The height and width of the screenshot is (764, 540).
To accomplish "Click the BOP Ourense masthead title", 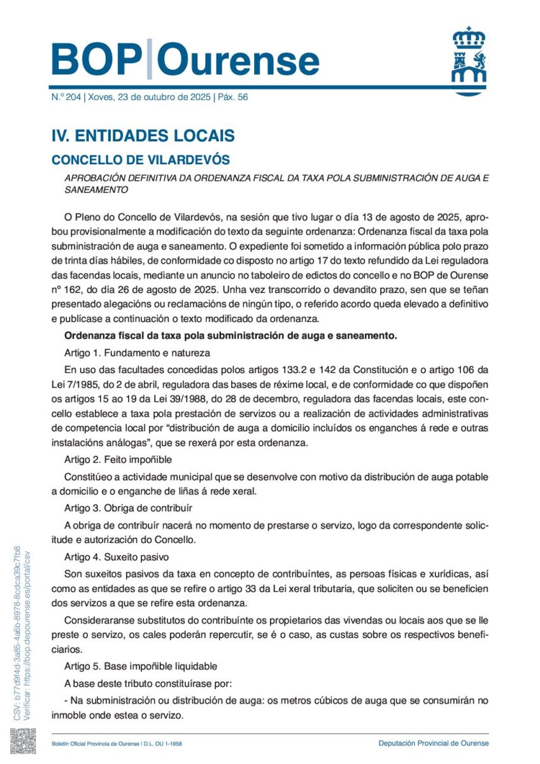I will click(185, 60).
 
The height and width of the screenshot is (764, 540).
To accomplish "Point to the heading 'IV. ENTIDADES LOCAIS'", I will click(143, 136).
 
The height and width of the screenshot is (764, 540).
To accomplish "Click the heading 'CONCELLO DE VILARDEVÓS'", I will click(140, 159).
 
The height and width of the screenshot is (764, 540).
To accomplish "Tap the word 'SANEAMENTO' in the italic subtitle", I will click(96, 190).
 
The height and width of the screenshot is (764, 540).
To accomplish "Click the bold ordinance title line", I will click(231, 335).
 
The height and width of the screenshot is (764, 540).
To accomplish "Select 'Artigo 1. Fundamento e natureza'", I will click(137, 353).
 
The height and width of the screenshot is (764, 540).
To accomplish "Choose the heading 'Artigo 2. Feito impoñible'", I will click(118, 458).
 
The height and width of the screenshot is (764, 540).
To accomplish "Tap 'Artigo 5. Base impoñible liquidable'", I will click(141, 667).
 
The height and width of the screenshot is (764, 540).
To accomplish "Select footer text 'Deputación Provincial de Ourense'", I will click(433, 743).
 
